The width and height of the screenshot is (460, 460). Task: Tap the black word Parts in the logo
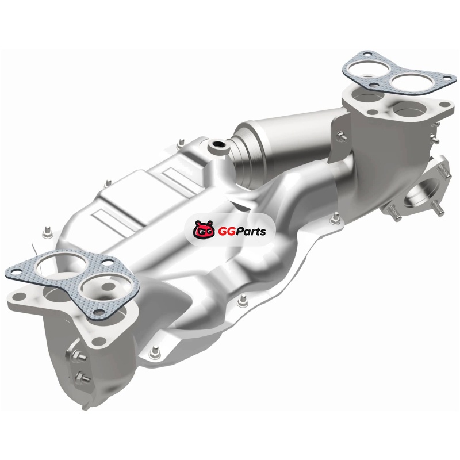(x=250, y=232)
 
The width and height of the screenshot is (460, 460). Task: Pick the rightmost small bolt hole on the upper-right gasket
(x=447, y=78)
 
